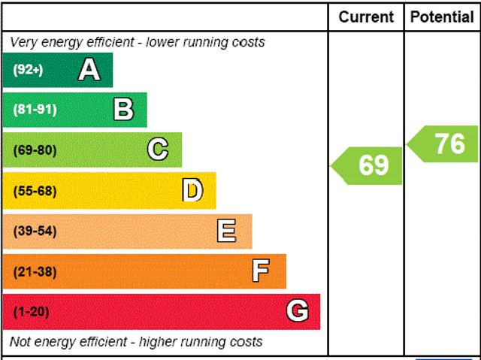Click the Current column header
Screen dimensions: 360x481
pyautogui.click(x=366, y=17)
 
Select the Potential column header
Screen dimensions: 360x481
pyautogui.click(x=442, y=17)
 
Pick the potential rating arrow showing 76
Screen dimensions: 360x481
pyautogui.click(x=444, y=144)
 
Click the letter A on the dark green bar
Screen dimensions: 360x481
pyautogui.click(x=89, y=70)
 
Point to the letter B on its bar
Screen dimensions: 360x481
pyautogui.click(x=123, y=110)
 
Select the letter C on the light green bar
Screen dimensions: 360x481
pyautogui.click(x=158, y=150)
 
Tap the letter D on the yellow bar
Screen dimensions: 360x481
pyautogui.click(x=192, y=191)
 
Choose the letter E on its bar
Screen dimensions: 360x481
pyautogui.click(x=226, y=231)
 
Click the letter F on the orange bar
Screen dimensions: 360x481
pyautogui.click(x=261, y=271)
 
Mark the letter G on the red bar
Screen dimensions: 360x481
pyautogui.click(x=298, y=311)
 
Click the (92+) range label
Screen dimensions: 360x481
pyautogui.click(x=29, y=70)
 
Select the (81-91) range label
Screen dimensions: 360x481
pyautogui.click(x=35, y=110)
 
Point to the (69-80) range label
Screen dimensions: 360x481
pyautogui.click(x=35, y=150)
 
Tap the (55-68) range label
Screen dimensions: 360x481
pyautogui.click(x=35, y=191)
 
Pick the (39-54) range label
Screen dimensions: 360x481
pyautogui.click(x=35, y=231)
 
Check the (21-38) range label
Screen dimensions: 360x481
pyautogui.click(x=35, y=271)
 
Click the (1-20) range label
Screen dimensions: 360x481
pyautogui.click(x=31, y=311)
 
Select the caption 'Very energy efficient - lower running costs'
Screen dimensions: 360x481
pyautogui.click(x=138, y=42)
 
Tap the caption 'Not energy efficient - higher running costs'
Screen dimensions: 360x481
pyautogui.click(x=136, y=342)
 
